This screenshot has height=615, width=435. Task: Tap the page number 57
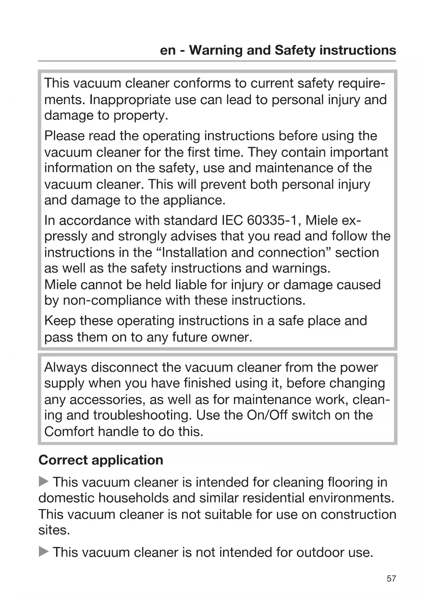[391, 579]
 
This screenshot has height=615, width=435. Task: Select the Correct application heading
[101, 460]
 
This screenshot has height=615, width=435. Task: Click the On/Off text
[267, 415]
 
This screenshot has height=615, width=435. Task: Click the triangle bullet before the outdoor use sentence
[43, 552]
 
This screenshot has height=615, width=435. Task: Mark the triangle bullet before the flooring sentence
[43, 482]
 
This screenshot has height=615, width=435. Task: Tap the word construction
[358, 514]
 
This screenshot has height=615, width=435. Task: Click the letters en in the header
[168, 50]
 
